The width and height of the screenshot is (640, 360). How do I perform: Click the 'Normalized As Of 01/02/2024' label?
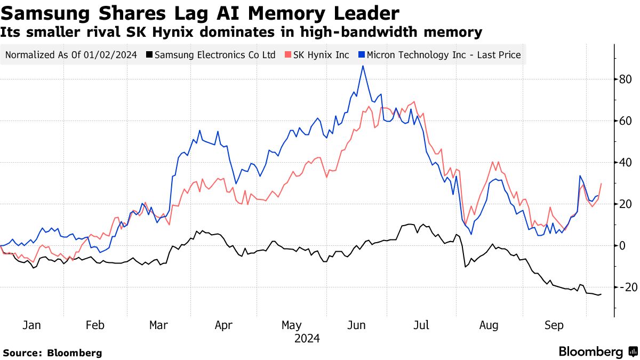(x=71, y=54)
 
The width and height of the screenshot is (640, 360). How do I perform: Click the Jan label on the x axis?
(x=32, y=325)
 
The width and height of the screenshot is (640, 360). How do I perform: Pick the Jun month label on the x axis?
(x=356, y=325)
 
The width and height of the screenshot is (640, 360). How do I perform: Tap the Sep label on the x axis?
(x=554, y=325)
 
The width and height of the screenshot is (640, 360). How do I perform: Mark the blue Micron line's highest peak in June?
(x=363, y=66)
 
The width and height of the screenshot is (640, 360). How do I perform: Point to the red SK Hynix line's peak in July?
(x=414, y=102)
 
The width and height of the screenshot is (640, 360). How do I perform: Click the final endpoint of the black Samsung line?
(x=601, y=294)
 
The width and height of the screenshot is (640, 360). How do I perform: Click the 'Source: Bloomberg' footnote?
(x=52, y=353)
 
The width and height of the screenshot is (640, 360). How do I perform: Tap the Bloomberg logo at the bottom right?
(x=597, y=352)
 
